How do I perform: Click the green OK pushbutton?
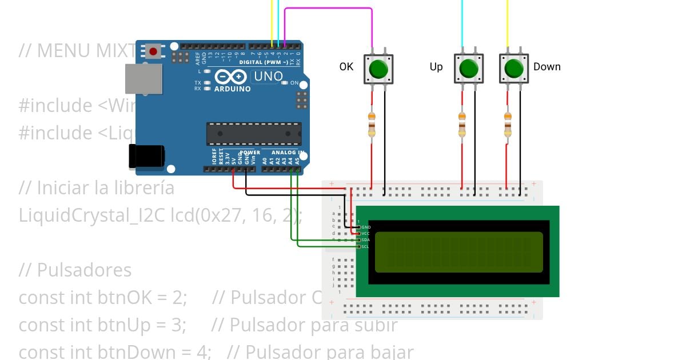pos(378,70)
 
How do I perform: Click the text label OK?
pos(346,67)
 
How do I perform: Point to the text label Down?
pos(547,67)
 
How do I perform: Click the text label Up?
pos(436,67)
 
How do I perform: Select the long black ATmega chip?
pos(254,134)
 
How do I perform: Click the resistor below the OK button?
pos(372,125)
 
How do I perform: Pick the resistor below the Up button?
pos(462,125)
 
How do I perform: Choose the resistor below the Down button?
pos(507,125)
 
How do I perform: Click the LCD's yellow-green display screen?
pos(458,252)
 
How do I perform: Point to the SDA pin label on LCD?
pos(365,240)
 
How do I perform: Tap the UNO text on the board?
pos(268,77)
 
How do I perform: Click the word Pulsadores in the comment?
pos(84,270)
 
